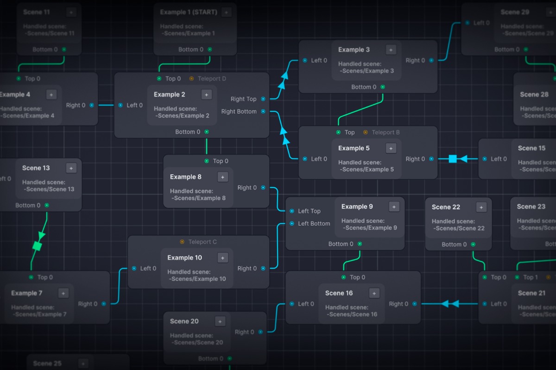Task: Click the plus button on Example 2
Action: pos(207,94)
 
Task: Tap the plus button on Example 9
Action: pos(394,207)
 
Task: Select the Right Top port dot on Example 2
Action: pos(263,99)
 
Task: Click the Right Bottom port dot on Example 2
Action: pos(263,111)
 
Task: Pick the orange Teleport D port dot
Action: pos(191,79)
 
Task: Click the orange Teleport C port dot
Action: pos(182,242)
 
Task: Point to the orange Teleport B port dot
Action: pos(365,132)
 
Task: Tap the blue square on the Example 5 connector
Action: pos(453,159)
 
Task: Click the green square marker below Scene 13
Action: pos(38,246)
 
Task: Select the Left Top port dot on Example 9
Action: pos(291,211)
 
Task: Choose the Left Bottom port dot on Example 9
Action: pos(291,223)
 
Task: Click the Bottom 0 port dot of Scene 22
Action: pos(473,244)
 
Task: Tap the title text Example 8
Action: pos(185,177)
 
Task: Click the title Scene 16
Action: pos(339,293)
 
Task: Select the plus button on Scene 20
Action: pos(220,321)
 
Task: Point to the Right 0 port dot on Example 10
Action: pos(263,268)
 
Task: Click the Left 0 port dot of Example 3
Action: pos(305,60)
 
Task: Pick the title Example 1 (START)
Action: pos(188,12)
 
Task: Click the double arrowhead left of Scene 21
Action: pos(450,304)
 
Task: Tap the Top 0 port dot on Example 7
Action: pos(31,277)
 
